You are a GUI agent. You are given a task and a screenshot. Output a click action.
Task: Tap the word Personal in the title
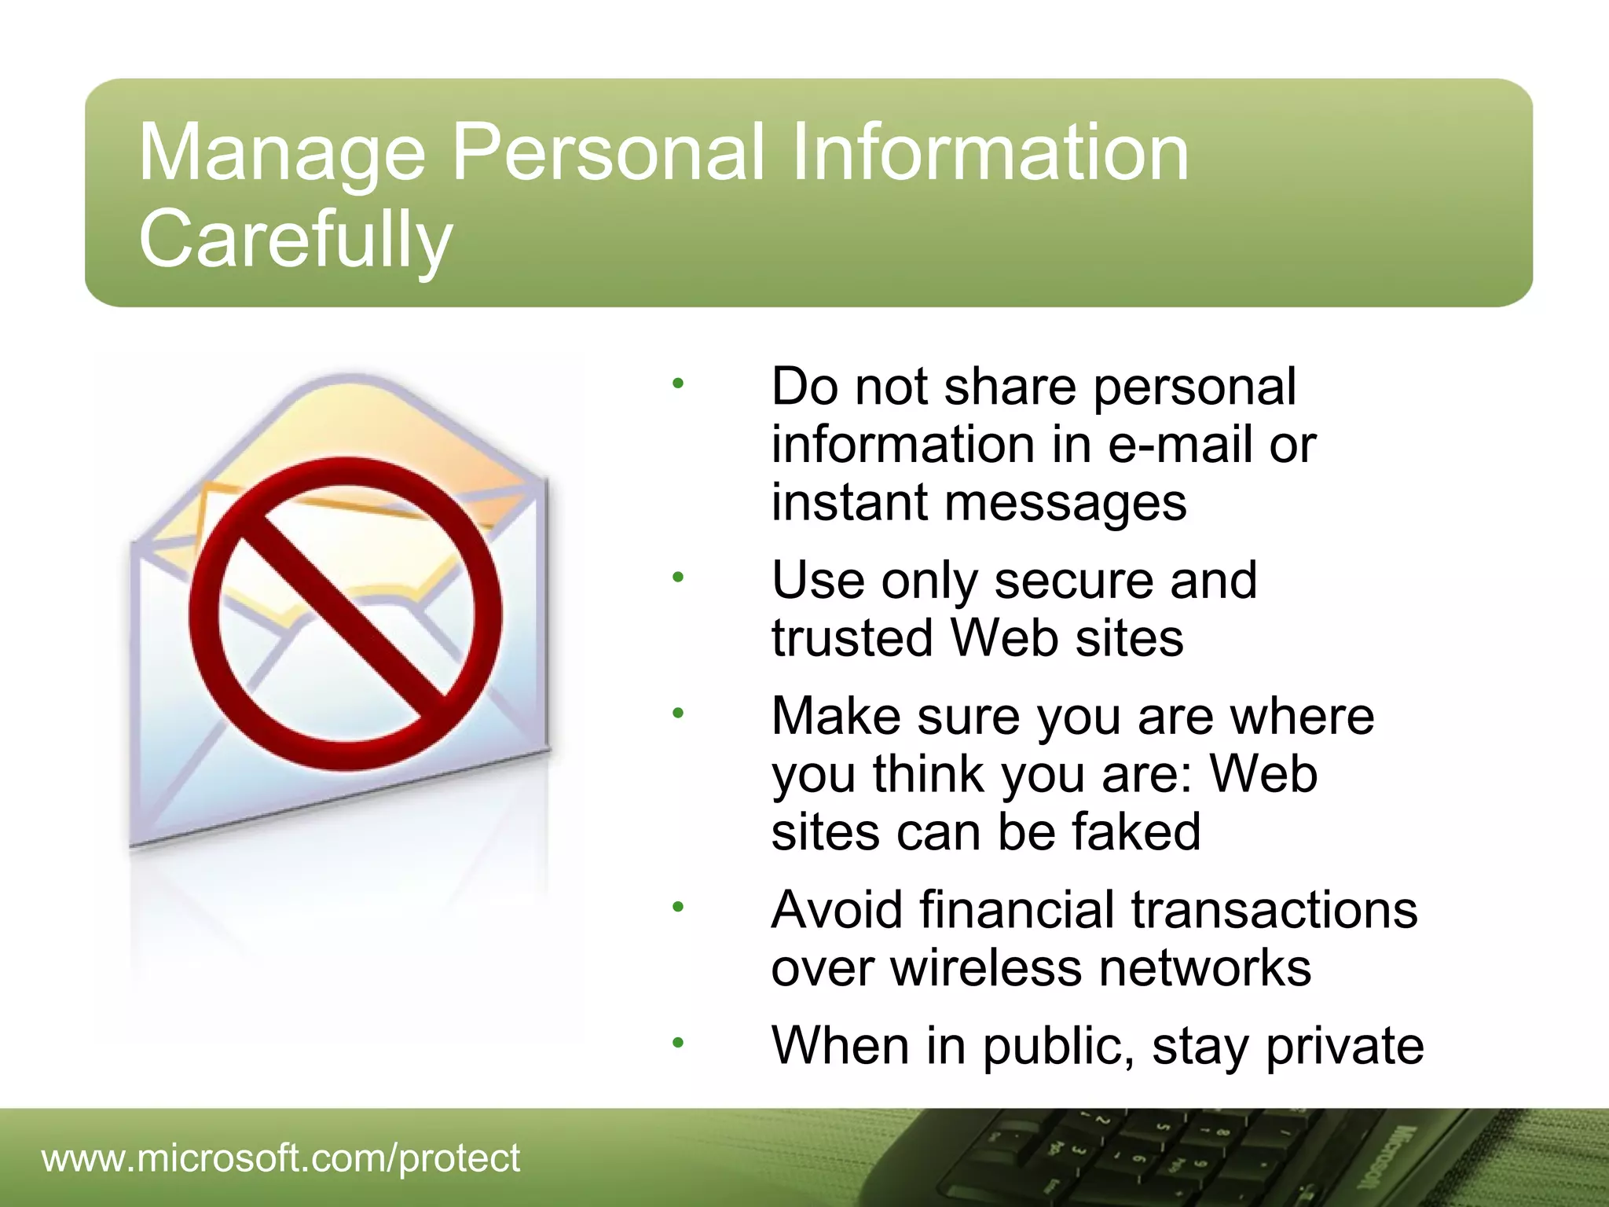pyautogui.click(x=607, y=152)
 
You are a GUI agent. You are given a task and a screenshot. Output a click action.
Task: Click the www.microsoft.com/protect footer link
pyautogui.click(x=280, y=1157)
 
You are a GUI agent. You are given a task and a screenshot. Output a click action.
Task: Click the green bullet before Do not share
pyautogui.click(x=678, y=384)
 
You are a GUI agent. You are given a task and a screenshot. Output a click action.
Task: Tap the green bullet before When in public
pyautogui.click(x=678, y=1043)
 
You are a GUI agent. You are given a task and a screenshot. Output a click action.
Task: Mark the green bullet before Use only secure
pyautogui.click(x=678, y=578)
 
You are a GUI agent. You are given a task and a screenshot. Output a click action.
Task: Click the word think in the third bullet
pyautogui.click(x=928, y=774)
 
